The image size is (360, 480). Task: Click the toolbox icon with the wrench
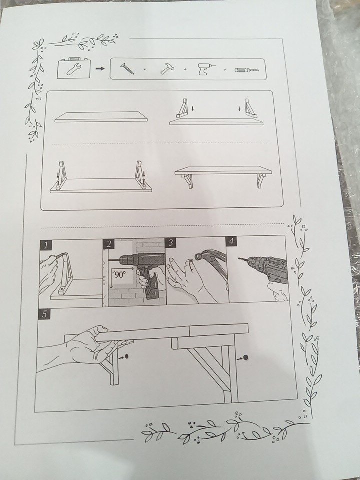(73, 68)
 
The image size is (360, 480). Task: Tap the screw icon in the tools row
(127, 69)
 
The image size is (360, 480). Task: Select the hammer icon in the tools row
(166, 69)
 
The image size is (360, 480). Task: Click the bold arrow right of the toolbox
(100, 69)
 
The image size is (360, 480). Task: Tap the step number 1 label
(46, 245)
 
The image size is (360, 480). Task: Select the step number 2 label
(109, 244)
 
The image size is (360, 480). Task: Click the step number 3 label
(171, 243)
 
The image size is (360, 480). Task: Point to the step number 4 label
(231, 241)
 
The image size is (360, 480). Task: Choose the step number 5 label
(44, 314)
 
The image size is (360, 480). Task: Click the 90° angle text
(119, 274)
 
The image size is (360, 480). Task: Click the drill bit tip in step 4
(239, 258)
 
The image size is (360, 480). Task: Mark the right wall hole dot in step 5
(245, 357)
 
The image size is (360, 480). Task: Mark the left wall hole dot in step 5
(127, 356)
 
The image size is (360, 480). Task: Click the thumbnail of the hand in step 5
(103, 329)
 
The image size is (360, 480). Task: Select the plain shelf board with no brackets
(101, 117)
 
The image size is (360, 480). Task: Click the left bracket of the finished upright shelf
(187, 181)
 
